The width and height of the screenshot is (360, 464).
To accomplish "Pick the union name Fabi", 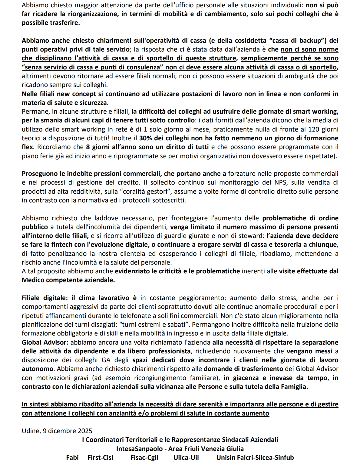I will [72, 458].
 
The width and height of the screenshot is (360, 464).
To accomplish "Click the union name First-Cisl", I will [100, 458].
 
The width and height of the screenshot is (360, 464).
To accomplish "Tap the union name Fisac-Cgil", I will [144, 458].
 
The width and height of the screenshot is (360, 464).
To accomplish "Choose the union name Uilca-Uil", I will [186, 458].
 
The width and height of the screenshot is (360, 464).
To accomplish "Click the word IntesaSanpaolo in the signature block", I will [140, 449].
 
